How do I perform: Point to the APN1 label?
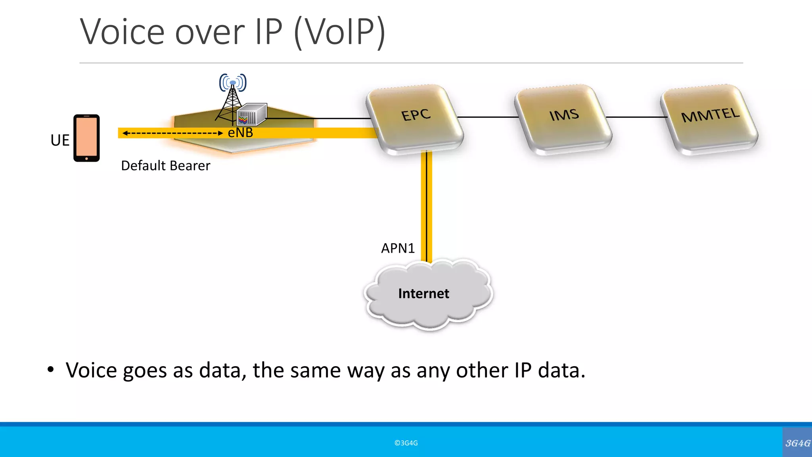tap(398, 248)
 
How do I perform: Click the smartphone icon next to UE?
tap(86, 138)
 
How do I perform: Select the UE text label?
tap(60, 140)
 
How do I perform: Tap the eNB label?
tap(240, 133)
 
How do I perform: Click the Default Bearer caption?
tap(165, 166)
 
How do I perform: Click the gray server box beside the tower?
tap(252, 114)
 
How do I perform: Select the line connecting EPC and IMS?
tap(488, 117)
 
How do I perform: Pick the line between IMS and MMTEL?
tap(636, 117)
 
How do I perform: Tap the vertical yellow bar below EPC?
tap(427, 206)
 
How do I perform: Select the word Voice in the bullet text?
tap(92, 371)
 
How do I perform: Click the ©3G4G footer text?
tap(406, 443)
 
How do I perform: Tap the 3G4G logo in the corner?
tap(797, 443)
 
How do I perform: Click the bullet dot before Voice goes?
tap(50, 370)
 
